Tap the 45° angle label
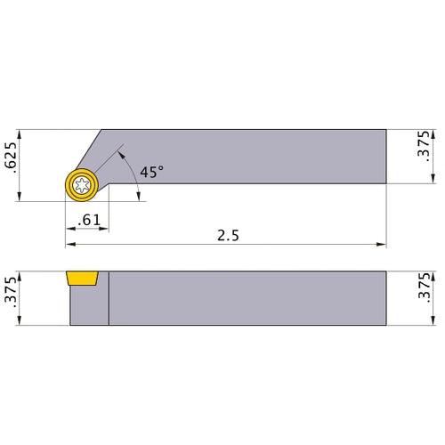click(151, 172)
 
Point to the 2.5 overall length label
click(226, 236)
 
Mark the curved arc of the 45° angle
click(133, 174)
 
